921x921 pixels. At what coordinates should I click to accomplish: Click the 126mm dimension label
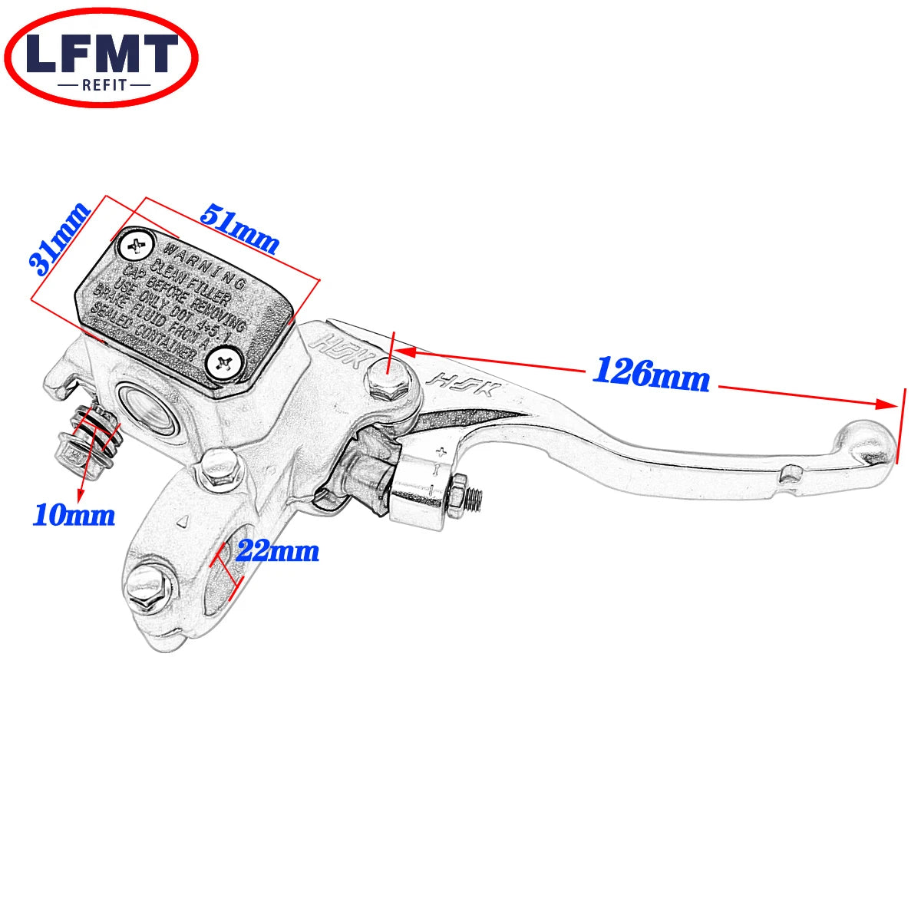(x=651, y=374)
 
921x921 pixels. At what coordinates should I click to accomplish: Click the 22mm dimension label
(x=277, y=550)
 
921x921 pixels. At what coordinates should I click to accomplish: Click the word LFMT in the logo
(x=101, y=54)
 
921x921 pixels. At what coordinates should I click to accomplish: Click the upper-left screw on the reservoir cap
(x=136, y=246)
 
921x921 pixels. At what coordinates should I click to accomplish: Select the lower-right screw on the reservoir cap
(x=225, y=361)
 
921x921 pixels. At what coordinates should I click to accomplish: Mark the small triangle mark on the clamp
(x=183, y=522)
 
